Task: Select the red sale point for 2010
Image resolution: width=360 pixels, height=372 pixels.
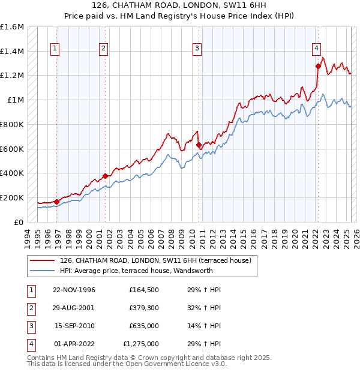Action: click(x=199, y=144)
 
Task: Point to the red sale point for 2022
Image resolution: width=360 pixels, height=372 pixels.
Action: click(x=318, y=67)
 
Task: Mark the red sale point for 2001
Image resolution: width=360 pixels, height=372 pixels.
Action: click(x=105, y=176)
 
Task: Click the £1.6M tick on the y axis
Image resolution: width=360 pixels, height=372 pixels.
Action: click(x=12, y=27)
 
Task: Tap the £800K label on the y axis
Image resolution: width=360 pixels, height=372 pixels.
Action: click(x=12, y=124)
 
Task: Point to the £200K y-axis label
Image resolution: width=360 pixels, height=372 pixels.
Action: click(x=12, y=197)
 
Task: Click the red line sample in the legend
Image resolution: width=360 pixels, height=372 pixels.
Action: click(x=43, y=260)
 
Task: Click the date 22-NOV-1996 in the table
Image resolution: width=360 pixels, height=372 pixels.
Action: click(x=74, y=290)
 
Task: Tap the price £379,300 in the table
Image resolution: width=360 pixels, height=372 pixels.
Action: click(x=144, y=308)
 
